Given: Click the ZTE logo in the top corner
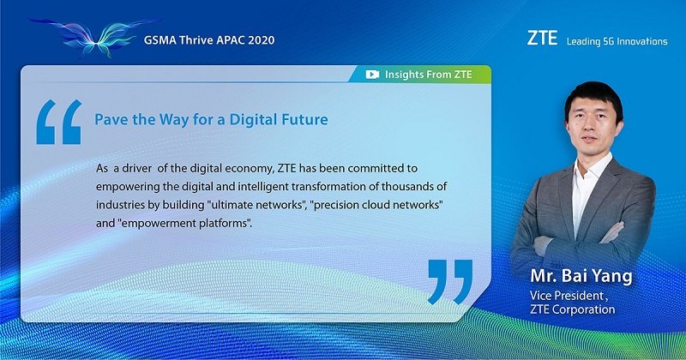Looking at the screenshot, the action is point(542,38).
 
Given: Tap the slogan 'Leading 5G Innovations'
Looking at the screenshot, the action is point(617,41).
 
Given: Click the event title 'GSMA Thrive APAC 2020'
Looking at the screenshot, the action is point(209,40).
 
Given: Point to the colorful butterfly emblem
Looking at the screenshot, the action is point(94,36).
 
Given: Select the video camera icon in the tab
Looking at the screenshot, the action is point(372,75).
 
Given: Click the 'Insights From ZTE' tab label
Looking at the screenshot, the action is point(428,75).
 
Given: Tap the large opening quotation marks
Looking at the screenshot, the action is point(59,122).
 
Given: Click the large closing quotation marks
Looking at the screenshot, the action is point(450,282).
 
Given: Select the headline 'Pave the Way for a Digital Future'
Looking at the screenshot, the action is point(211,119).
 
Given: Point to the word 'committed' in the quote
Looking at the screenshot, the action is point(379,168).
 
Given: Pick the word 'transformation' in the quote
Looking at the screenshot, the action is point(326,187).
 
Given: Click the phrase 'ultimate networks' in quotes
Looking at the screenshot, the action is point(256,205).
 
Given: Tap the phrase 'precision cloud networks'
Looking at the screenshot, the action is point(376,205).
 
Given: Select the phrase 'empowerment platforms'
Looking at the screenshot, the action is point(184,224).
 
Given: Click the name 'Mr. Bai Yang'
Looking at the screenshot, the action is point(581,276).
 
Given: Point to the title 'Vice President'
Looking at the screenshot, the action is point(567,296).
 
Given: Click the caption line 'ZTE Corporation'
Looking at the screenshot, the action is point(572,309).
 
